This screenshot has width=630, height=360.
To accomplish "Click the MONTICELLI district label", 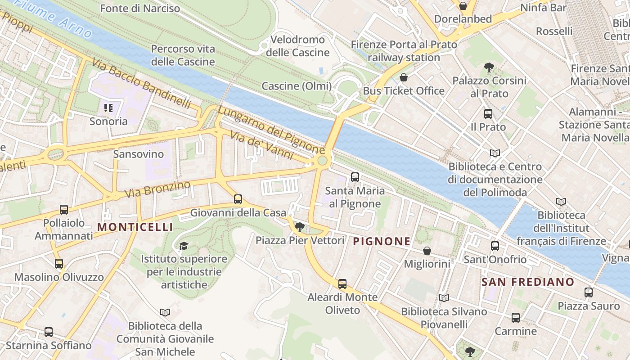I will pos(135,227).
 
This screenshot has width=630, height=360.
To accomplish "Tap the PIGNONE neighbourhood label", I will pos(382,242).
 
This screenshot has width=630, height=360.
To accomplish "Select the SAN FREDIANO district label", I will pos(528,282).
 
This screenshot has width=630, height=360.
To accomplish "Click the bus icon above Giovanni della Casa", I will pos(238,199).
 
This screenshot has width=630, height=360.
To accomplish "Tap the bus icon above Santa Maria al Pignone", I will pos(355,177).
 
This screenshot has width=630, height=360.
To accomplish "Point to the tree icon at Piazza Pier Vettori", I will pos(299,227).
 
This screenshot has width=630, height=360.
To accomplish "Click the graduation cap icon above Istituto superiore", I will pos(184,246).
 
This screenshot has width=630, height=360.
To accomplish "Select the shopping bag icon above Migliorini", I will pos(427,251).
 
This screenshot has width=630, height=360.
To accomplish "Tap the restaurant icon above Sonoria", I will pos(108,108).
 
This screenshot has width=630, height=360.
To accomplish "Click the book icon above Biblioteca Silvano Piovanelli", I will pos(444,298).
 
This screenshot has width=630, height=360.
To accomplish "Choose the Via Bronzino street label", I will pos(157,189).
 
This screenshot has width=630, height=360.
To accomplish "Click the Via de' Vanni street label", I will pos(261,145).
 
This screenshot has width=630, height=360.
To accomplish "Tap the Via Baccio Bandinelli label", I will pos(142,83).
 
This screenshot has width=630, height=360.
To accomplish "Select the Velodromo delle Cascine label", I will pos(297,46).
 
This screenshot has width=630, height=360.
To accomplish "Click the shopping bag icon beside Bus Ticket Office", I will pos(404,77).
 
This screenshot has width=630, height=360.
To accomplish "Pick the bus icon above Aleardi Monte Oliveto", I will pos(342,284).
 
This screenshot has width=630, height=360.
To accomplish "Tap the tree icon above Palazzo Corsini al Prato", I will pos(489,67).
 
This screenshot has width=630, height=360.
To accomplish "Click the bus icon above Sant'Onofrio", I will pos(495,246).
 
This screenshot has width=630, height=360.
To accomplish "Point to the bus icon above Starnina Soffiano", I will pos(49,332).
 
